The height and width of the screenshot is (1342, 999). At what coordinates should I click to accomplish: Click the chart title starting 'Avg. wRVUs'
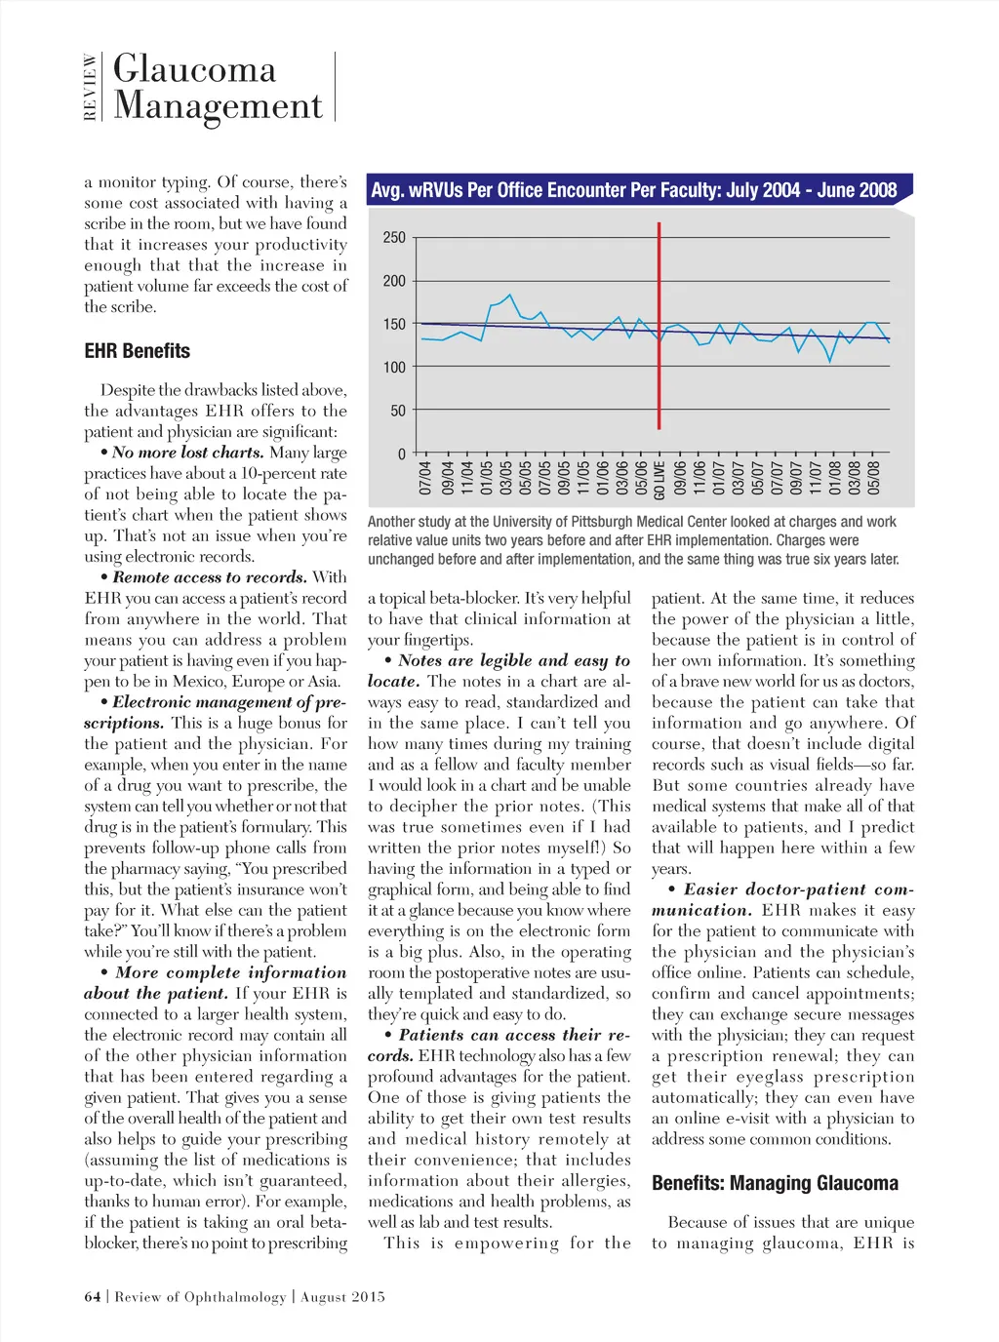pos(633,190)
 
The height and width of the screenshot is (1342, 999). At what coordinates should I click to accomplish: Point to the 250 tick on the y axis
pos(394,237)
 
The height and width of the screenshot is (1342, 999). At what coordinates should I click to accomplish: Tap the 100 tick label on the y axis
pos(394,368)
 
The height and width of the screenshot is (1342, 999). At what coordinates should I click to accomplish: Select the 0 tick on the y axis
pos(401,454)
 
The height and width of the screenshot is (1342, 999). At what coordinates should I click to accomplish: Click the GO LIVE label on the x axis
pos(660,478)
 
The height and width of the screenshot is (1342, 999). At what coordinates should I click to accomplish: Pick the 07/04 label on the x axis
pos(425,478)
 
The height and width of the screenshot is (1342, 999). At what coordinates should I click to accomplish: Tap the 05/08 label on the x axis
pos(874,478)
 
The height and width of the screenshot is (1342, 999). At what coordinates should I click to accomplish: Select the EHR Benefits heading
pos(137,351)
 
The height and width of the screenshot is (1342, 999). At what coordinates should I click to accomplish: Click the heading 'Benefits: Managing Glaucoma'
pos(775,1183)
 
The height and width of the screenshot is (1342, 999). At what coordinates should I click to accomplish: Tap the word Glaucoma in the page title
pos(195,69)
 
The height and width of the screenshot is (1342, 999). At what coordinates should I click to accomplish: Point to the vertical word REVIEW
pos(90,87)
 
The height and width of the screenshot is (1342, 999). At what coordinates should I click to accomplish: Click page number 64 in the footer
pos(93,1297)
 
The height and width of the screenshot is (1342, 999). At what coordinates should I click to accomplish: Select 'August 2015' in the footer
pos(342,1297)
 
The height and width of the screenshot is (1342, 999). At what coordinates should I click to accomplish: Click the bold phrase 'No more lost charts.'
pos(187,453)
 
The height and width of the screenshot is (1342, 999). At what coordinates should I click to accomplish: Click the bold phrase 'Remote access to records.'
pos(210,577)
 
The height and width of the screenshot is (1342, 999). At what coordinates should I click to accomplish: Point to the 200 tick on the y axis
pos(394,281)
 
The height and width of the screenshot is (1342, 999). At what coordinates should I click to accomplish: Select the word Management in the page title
pos(218,105)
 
